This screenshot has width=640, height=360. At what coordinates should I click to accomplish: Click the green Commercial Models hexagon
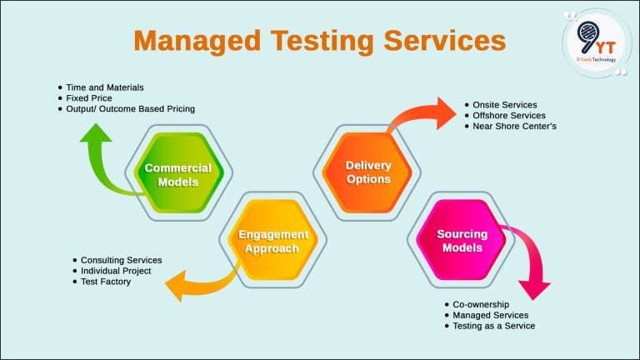point(177,173)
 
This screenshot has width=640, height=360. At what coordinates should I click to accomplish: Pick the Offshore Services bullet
point(508,115)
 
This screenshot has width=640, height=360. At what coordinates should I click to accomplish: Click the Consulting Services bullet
point(121,260)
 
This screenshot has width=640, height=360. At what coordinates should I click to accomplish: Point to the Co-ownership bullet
point(481,304)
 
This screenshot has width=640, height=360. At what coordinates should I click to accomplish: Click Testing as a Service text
point(493,326)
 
